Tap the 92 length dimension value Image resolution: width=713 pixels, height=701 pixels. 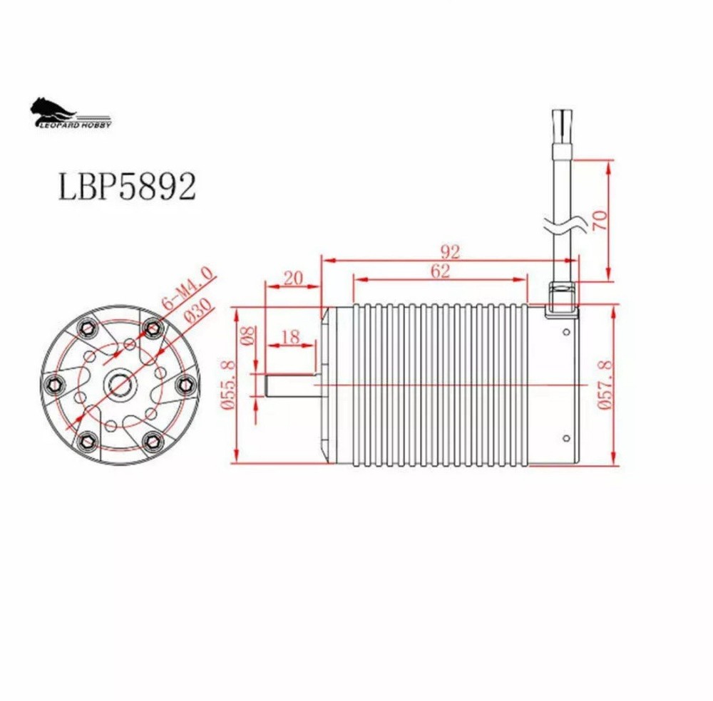(x=451, y=251)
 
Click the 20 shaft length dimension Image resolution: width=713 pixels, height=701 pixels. (x=292, y=278)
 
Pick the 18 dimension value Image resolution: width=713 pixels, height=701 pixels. (x=290, y=337)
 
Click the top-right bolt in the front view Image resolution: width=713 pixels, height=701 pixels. (x=151, y=327)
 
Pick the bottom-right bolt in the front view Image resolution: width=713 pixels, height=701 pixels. (x=151, y=441)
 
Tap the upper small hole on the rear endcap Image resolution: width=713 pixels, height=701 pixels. (x=566, y=332)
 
